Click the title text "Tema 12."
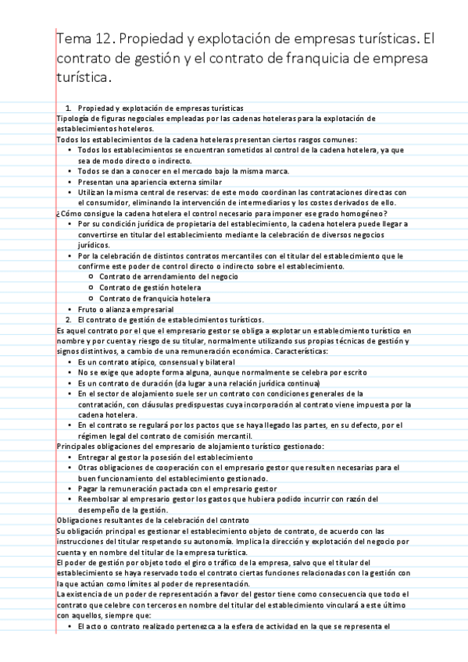click(x=84, y=38)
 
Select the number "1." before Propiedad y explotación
click(x=69, y=108)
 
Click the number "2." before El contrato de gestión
click(x=69, y=319)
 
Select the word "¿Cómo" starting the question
click(x=69, y=213)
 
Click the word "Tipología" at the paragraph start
click(x=73, y=118)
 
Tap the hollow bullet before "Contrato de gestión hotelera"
click(x=93, y=287)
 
